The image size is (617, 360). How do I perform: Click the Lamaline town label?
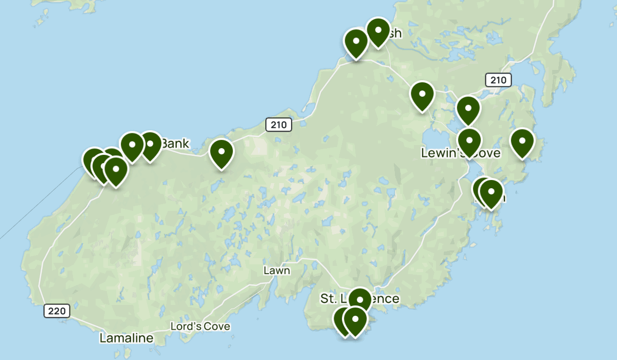126,338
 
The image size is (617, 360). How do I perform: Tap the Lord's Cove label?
201,326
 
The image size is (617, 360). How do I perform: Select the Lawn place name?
277,271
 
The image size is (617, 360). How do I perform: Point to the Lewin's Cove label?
460,153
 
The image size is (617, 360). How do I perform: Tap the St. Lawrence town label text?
359,298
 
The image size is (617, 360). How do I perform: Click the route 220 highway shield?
57,311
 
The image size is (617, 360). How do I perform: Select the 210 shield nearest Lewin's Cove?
498,80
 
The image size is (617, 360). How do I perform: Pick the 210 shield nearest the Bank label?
279,124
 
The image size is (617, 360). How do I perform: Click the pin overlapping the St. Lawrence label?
359,299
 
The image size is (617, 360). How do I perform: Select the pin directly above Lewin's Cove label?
469,140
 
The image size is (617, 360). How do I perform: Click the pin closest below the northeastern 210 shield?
468,109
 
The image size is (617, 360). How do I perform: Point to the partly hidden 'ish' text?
393,34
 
